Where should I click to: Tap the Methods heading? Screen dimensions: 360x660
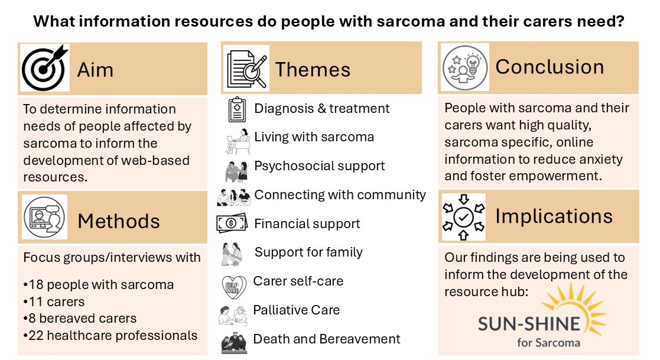tap(118, 221)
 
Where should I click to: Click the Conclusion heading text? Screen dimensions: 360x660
tap(550, 67)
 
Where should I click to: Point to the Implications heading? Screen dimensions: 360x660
tap(554, 216)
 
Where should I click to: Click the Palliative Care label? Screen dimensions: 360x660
tap(296, 310)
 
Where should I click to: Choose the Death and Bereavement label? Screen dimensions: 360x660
tap(326, 339)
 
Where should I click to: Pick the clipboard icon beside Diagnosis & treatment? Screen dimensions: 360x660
tap(236, 109)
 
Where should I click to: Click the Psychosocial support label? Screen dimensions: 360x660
tap(319, 166)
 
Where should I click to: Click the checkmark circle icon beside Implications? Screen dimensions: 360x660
tap(463, 217)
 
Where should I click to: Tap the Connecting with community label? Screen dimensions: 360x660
tap(340, 194)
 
